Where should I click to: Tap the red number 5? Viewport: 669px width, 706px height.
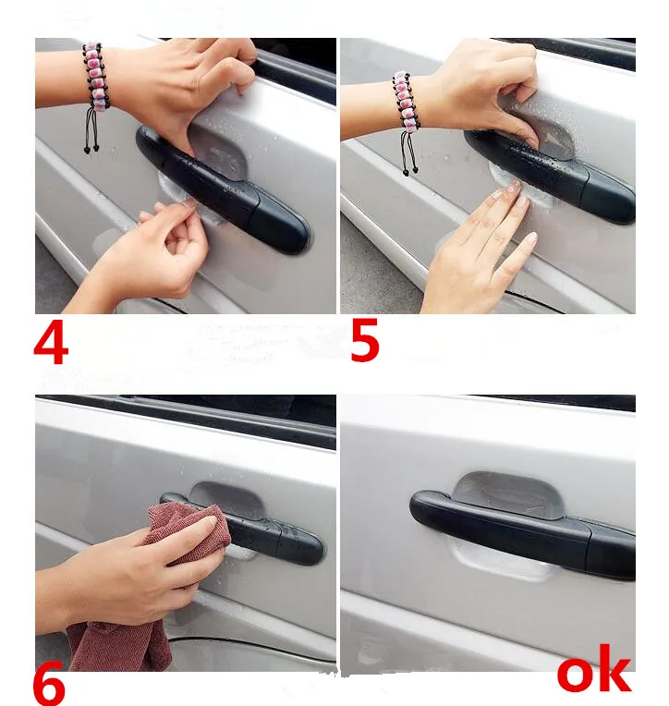point(365,340)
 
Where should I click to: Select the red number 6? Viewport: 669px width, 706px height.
point(49,688)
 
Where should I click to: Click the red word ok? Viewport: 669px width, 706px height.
point(594,670)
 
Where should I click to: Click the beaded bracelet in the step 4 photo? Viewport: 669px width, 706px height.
point(96,77)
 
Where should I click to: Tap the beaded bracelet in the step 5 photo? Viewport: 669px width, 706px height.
point(406,102)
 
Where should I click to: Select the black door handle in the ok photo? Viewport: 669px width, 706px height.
point(522,531)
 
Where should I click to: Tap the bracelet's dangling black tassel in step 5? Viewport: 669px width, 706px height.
point(408,153)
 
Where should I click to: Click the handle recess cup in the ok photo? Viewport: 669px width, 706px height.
point(509,494)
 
